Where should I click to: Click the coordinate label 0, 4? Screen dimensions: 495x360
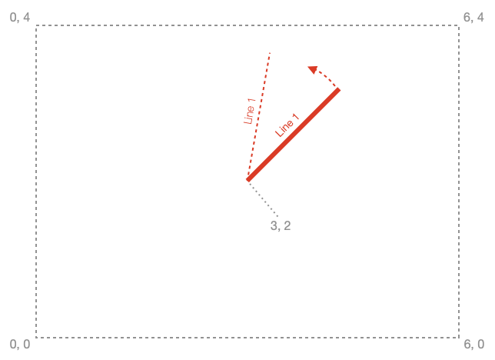click(20, 18)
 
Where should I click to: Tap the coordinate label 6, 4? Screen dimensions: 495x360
click(473, 18)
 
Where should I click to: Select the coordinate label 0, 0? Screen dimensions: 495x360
click(20, 344)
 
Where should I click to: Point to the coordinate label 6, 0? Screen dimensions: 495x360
click(473, 344)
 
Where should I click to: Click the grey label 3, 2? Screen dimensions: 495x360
click(281, 225)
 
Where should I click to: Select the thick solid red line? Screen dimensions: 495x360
click(294, 135)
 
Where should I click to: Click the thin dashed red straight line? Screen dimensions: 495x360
click(259, 114)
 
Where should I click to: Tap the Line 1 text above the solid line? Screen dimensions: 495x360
click(287, 125)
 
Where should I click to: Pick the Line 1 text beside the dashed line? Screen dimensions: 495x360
click(249, 111)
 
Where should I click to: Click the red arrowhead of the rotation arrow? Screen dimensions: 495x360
click(312, 69)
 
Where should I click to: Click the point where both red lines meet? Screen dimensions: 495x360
click(247, 180)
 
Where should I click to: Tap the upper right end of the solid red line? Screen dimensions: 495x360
click(339, 90)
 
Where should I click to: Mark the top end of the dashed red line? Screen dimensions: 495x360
click(271, 52)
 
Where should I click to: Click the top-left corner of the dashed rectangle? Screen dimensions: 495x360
click(36, 25)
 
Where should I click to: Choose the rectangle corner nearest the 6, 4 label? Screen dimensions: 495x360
click(459, 25)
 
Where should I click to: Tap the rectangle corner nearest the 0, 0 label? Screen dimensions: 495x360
click(36, 338)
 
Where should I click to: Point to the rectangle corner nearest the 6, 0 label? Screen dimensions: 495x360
click(459, 338)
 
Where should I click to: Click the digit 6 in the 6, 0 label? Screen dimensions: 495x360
click(467, 344)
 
